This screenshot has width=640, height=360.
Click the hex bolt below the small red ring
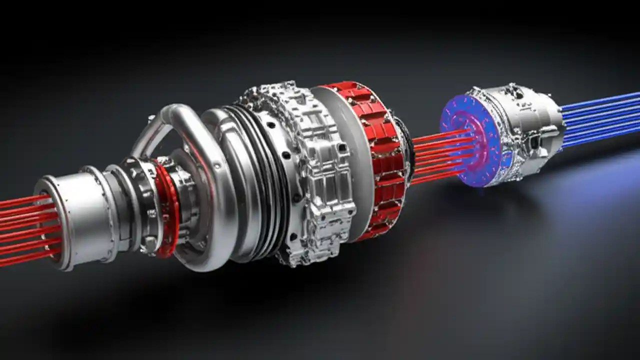150,245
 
